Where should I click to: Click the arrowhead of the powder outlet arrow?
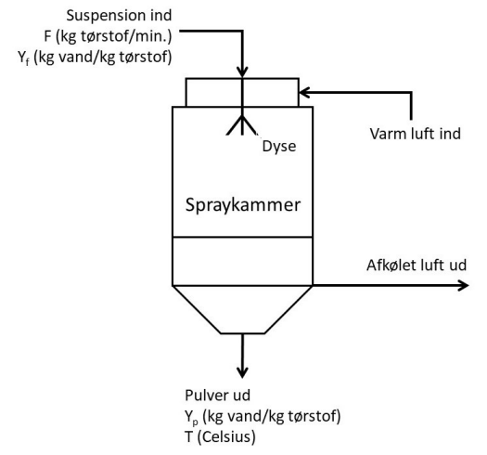[242, 370]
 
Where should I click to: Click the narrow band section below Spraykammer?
[242, 261]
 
